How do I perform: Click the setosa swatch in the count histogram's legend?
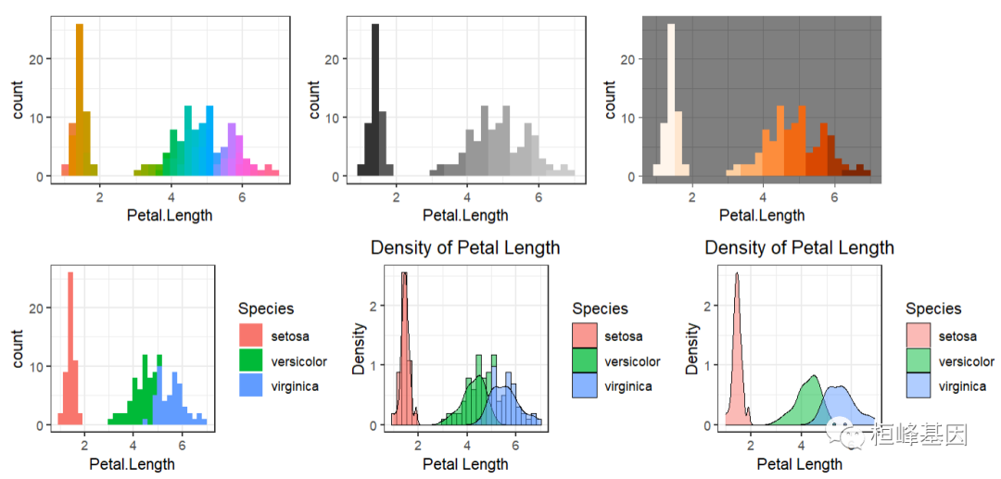[251, 335]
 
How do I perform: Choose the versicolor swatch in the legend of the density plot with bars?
[585, 361]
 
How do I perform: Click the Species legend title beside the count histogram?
[265, 309]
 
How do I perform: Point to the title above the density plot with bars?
[465, 247]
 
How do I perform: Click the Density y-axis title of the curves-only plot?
[692, 348]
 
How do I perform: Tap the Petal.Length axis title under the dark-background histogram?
[762, 216]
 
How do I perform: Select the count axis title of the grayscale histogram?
[314, 100]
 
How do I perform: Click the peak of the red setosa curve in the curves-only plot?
[736, 274]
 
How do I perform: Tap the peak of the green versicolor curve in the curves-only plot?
[813, 376]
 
